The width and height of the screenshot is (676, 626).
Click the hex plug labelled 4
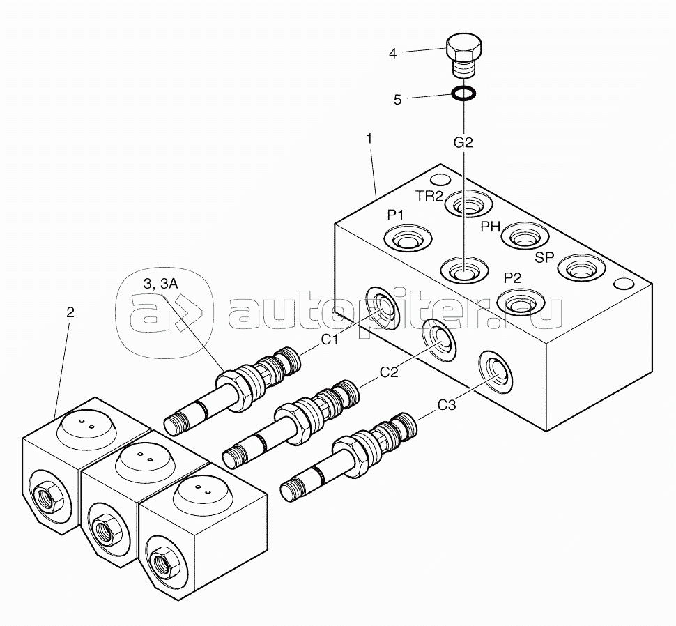click(463, 56)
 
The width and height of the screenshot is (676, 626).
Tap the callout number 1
click(369, 139)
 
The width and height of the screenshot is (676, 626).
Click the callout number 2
click(70, 312)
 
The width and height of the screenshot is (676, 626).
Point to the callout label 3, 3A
click(161, 284)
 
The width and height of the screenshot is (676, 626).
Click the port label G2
click(463, 142)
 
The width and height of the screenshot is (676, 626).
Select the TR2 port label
click(429, 196)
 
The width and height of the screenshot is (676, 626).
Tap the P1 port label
click(395, 215)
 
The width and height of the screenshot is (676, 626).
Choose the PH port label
click(490, 227)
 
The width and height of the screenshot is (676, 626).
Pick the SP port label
click(544, 257)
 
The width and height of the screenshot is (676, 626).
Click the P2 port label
click(513, 278)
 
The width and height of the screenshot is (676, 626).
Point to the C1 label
click(330, 340)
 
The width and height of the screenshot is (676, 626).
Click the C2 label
click(389, 372)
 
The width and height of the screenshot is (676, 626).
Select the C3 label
click(447, 405)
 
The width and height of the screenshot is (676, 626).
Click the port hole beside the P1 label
click(408, 238)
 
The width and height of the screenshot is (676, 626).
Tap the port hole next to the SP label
click(582, 268)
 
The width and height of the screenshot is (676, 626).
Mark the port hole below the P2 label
click(521, 303)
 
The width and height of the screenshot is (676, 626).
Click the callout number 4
click(392, 54)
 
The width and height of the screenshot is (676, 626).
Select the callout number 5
click(397, 100)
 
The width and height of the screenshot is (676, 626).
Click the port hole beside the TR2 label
click(468, 204)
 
